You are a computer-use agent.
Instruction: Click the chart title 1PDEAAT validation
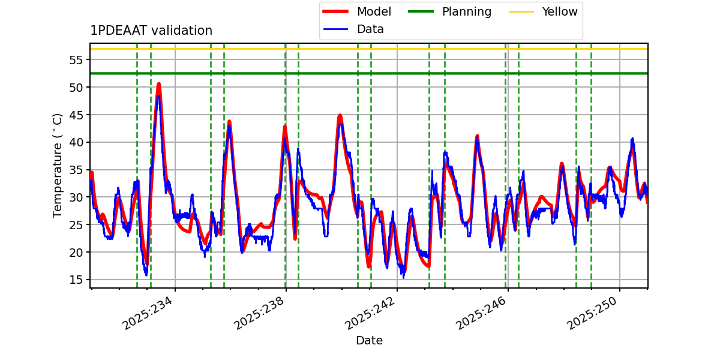[151, 31]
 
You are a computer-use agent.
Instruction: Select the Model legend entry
[374, 11]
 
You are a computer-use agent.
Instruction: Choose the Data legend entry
[370, 29]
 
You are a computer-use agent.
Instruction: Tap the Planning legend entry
[466, 11]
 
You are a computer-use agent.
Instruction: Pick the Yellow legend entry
[559, 11]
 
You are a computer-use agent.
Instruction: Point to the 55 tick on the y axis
[76, 60]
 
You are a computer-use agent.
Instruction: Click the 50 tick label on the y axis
[76, 88]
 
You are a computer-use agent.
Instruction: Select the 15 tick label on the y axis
[76, 280]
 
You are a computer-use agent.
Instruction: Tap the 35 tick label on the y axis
[76, 170]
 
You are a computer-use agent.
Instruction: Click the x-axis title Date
[369, 341]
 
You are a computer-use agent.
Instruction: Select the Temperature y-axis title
[58, 165]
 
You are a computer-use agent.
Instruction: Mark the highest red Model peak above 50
[158, 83]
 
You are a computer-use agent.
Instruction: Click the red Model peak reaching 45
[340, 115]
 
